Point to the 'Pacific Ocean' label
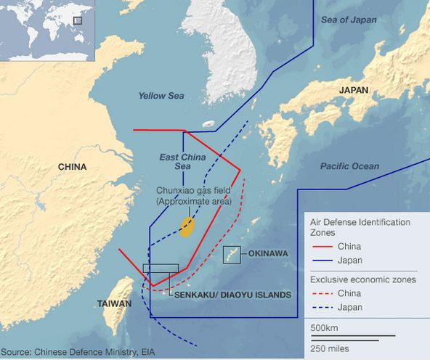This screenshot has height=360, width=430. [349, 166]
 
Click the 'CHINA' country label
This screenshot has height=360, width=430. [72, 167]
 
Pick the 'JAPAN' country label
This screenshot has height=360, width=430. [354, 90]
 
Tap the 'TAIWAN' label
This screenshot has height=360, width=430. [114, 303]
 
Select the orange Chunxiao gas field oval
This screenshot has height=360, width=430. [187, 226]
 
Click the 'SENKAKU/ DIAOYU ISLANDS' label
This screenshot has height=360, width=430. [232, 295]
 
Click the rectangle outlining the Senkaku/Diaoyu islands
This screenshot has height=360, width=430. [161, 269]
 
